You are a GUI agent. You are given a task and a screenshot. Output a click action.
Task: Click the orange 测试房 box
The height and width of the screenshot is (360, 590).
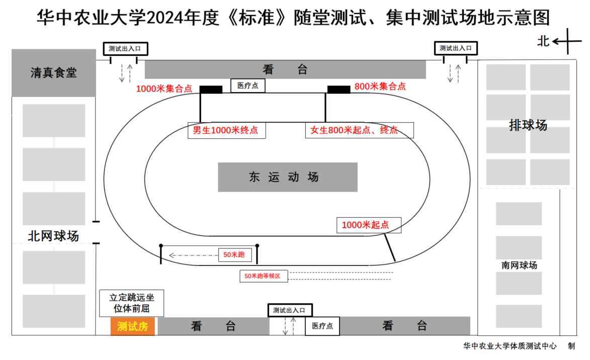[132, 327]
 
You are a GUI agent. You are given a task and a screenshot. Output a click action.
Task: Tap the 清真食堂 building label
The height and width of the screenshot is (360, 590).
[53, 73]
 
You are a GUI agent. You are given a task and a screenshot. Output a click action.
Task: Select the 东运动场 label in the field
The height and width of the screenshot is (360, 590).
[287, 177]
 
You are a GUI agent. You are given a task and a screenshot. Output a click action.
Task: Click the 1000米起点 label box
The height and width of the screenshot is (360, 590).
[369, 225]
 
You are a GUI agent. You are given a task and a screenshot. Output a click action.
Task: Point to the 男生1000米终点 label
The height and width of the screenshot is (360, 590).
[226, 130]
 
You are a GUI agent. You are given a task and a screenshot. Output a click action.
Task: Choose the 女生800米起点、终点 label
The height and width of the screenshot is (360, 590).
[359, 130]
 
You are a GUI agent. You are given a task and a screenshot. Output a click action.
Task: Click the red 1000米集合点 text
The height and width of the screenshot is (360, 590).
[164, 89]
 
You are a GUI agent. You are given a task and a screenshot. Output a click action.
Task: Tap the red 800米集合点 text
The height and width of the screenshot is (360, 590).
[380, 86]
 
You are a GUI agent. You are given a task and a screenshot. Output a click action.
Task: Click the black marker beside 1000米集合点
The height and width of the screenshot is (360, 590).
[211, 89]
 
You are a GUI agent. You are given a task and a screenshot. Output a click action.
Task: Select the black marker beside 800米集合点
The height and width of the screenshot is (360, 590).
[339, 89]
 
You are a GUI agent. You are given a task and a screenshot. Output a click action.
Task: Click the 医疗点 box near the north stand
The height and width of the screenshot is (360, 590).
[247, 86]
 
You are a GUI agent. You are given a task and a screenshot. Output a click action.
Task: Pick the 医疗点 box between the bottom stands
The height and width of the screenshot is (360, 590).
[322, 326]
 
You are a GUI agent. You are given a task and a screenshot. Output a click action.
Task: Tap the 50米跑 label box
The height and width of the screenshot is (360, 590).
[234, 255]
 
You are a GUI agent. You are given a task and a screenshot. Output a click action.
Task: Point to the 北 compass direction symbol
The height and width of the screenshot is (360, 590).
[544, 41]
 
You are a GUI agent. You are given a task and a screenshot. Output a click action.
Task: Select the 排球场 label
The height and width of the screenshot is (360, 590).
[528, 125]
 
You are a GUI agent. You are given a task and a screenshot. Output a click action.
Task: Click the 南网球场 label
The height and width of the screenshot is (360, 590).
[519, 265]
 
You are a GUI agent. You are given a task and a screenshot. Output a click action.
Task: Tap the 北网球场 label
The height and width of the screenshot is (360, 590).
[53, 236]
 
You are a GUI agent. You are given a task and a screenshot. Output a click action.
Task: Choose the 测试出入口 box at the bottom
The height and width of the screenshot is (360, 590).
[289, 310]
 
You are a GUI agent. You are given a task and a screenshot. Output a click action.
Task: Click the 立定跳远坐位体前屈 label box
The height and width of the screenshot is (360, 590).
[131, 303]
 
